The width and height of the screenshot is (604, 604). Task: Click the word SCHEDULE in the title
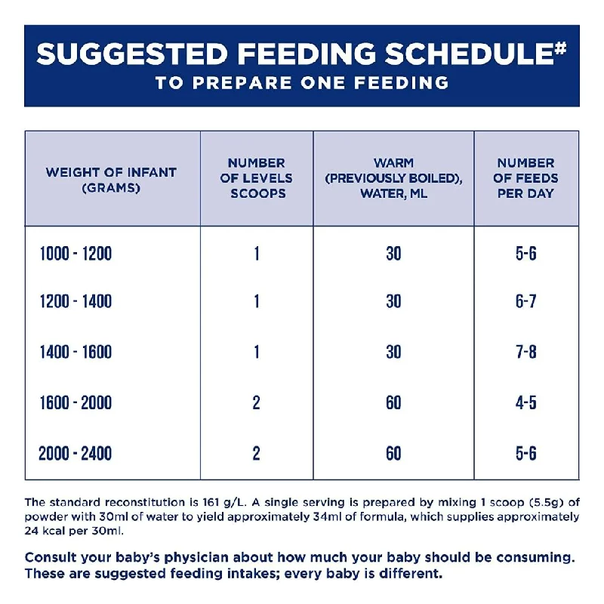pyautogui.click(x=470, y=53)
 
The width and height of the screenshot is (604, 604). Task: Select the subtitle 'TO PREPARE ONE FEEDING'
pyautogui.click(x=302, y=82)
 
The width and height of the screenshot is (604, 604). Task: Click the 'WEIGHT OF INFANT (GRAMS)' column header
pyautogui.click(x=111, y=180)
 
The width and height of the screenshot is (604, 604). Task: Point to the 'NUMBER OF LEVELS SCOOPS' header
pyautogui.click(x=257, y=178)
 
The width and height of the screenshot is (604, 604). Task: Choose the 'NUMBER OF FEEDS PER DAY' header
pyautogui.click(x=525, y=178)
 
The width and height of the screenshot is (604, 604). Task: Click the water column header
pyautogui.click(x=393, y=178)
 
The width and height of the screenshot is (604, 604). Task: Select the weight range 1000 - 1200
pyautogui.click(x=75, y=254)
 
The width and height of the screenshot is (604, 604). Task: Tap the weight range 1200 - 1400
pyautogui.click(x=75, y=300)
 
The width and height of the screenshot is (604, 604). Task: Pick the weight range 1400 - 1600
pyautogui.click(x=75, y=352)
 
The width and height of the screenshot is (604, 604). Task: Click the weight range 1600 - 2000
pyautogui.click(x=75, y=402)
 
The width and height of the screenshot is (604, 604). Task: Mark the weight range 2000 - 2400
pyautogui.click(x=75, y=453)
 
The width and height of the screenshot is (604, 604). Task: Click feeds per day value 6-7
pyautogui.click(x=525, y=300)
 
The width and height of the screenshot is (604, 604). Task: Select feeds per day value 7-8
pyautogui.click(x=525, y=352)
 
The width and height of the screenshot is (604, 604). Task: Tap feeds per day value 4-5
pyautogui.click(x=525, y=402)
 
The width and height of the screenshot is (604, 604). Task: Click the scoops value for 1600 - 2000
pyautogui.click(x=257, y=402)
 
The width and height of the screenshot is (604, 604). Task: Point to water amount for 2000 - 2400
pyautogui.click(x=393, y=453)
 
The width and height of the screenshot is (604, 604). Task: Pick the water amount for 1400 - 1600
pyautogui.click(x=393, y=352)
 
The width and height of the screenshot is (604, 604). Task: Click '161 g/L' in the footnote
pyautogui.click(x=224, y=503)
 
